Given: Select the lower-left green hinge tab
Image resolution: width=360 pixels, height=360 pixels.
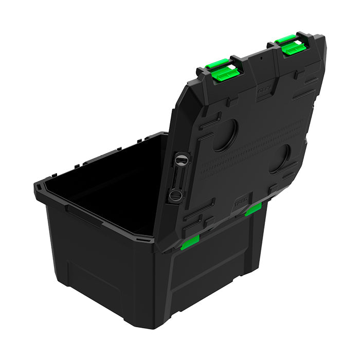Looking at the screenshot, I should coord(190,242).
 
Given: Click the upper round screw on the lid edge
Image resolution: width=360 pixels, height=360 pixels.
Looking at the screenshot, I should coord(179,160).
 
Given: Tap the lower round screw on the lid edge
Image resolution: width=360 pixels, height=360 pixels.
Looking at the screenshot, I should coord(175,194).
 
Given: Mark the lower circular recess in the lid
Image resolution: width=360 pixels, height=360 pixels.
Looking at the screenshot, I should coord(280,158).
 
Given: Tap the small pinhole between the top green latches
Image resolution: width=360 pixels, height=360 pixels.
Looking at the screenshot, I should coord(261,58).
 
